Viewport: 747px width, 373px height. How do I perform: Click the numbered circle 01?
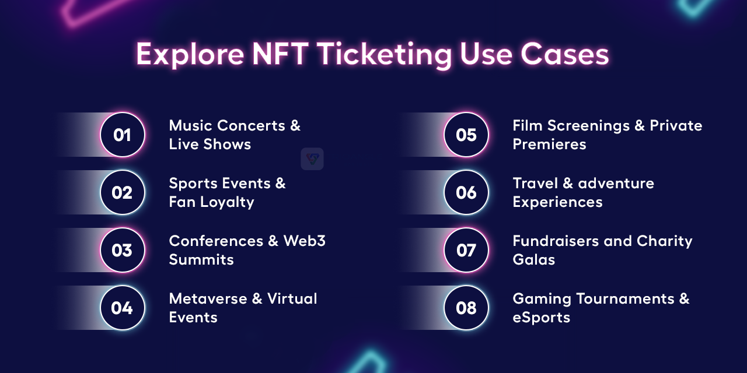(x=123, y=135)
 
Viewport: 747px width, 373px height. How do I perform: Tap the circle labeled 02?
(x=123, y=192)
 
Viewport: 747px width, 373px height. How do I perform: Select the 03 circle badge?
(x=123, y=250)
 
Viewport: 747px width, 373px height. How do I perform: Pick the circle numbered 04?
(x=123, y=307)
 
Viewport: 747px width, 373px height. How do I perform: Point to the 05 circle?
(x=466, y=135)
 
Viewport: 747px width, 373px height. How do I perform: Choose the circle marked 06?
(x=466, y=192)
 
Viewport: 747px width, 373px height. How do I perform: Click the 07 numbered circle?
(x=466, y=250)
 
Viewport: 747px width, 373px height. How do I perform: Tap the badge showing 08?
(x=466, y=307)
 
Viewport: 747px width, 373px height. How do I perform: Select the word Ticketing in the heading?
(x=384, y=55)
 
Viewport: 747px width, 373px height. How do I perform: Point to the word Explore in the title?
(x=190, y=55)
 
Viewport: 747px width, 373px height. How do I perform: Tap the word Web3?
(x=304, y=241)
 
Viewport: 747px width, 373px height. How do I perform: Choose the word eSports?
(x=541, y=318)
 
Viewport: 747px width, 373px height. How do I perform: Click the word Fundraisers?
(x=556, y=241)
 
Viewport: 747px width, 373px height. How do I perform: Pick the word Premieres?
(x=549, y=144)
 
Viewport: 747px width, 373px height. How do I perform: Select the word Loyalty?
(x=227, y=202)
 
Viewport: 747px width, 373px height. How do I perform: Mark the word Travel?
(x=535, y=183)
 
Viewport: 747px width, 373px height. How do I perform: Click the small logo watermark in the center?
(x=312, y=159)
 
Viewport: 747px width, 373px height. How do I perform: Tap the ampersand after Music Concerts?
(x=295, y=125)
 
